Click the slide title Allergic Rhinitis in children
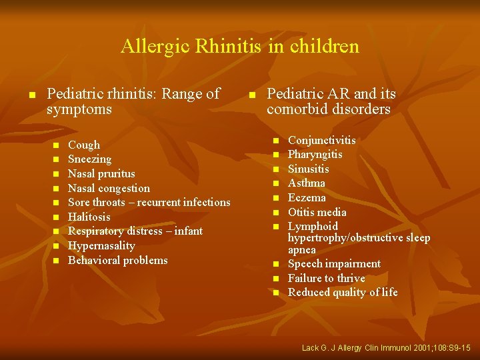240,47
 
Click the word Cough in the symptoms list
84,145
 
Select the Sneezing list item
89,159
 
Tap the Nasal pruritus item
101,173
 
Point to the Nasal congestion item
109,188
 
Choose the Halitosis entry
89,217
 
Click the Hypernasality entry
101,245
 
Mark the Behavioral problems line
118,260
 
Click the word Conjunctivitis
321,140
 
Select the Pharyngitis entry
315,154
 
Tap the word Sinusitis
309,169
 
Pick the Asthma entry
307,183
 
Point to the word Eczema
307,197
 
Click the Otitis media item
317,212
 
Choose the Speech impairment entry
334,263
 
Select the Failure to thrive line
327,278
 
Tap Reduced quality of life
343,292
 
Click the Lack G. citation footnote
386,348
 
